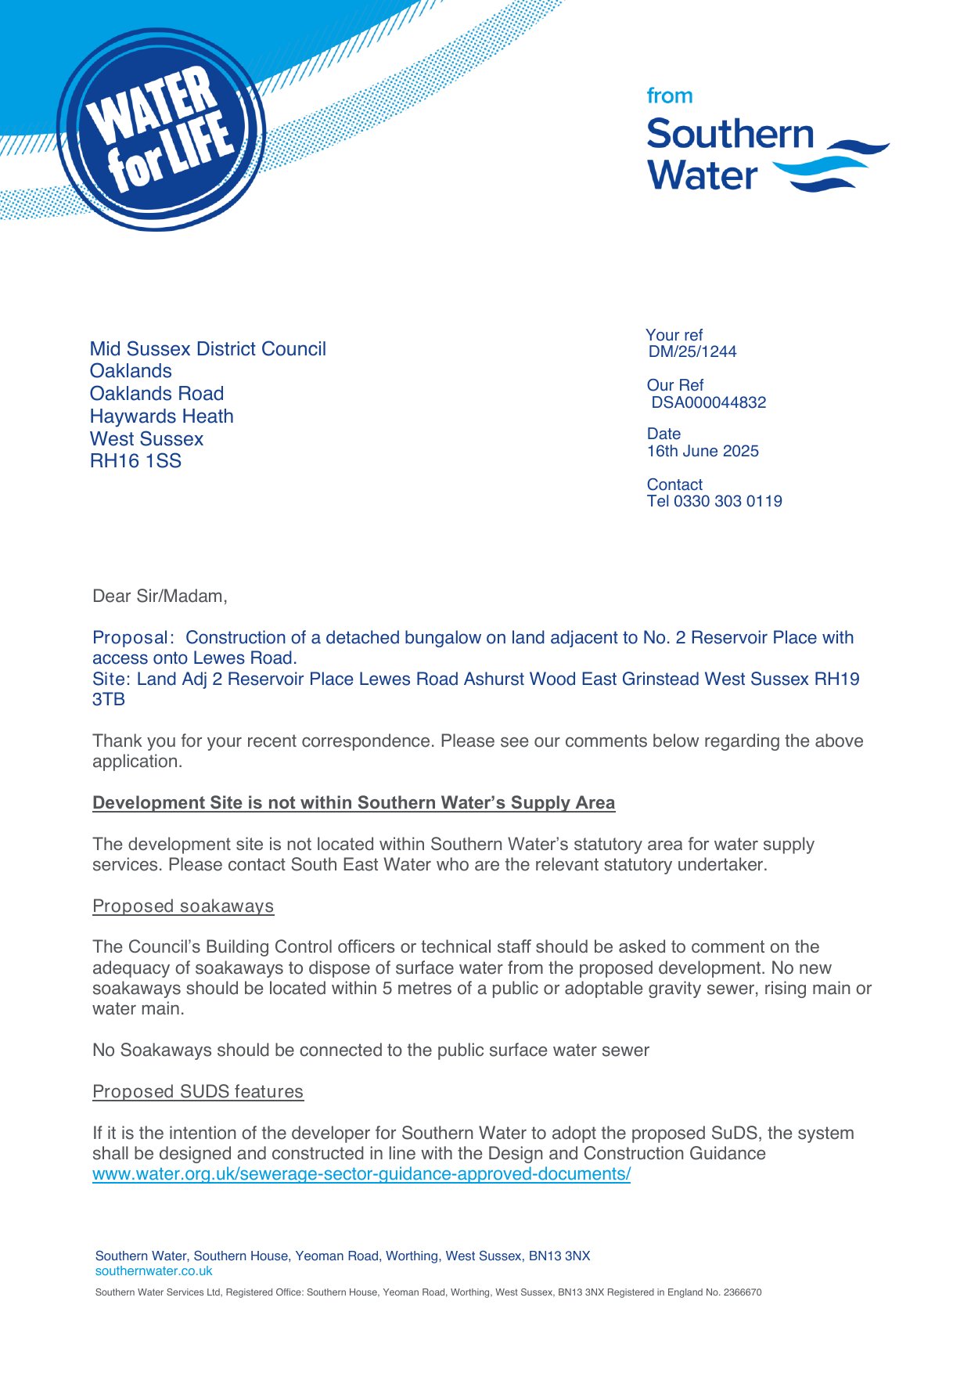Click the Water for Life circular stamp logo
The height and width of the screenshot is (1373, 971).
(x=160, y=130)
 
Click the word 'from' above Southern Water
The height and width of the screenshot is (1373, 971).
(x=669, y=96)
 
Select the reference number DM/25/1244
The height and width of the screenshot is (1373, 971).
(x=692, y=352)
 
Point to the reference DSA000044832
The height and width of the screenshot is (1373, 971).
(x=709, y=403)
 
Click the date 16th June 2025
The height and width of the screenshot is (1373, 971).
(x=703, y=452)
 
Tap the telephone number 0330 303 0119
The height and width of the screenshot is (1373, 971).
(x=728, y=502)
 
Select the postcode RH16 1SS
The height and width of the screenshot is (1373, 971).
(x=135, y=461)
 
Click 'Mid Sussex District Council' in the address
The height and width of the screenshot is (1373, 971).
(x=207, y=349)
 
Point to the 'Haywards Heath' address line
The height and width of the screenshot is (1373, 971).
(x=161, y=416)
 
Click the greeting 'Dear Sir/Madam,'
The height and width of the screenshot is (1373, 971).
(x=160, y=596)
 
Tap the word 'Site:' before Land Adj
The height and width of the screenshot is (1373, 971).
(x=112, y=679)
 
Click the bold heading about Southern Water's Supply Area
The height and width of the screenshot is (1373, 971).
(x=354, y=803)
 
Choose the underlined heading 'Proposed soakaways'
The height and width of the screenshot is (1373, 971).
(x=183, y=906)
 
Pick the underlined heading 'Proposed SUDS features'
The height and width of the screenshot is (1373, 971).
(x=198, y=1092)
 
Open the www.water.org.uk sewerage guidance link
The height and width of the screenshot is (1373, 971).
(x=361, y=1174)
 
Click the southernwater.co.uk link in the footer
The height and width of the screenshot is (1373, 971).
(x=153, y=1271)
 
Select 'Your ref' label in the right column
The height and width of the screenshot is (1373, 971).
(x=674, y=335)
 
